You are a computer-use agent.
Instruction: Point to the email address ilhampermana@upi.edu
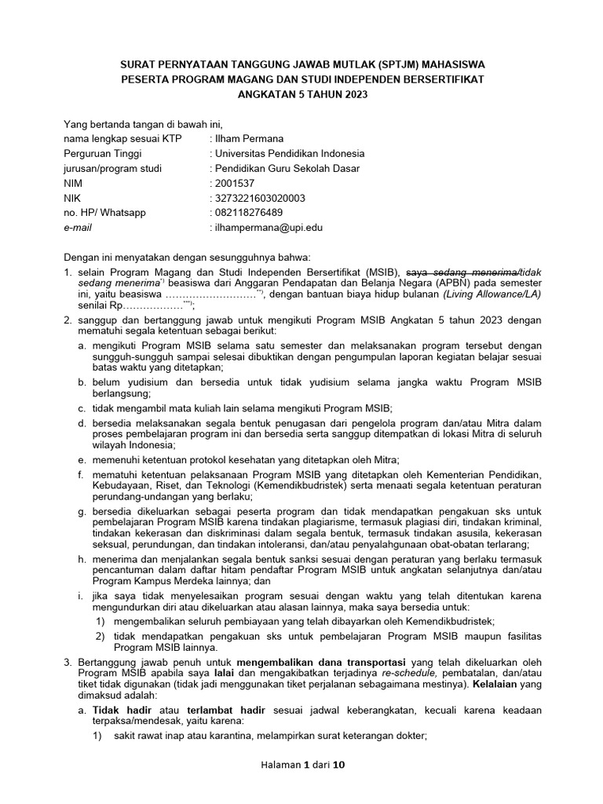pos(267,228)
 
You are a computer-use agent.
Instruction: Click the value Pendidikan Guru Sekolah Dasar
pos(287,168)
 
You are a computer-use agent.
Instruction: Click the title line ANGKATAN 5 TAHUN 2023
pos(302,94)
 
